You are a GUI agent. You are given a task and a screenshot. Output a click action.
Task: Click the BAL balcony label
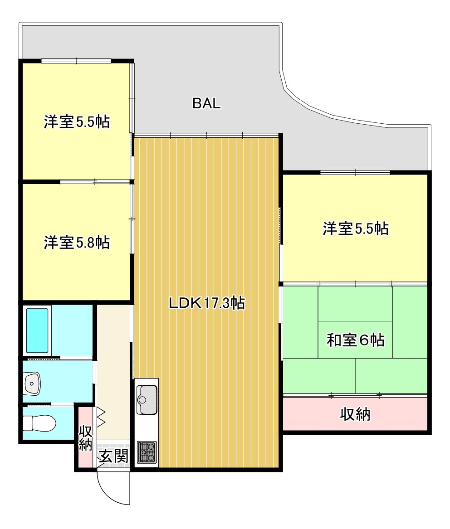[206, 104]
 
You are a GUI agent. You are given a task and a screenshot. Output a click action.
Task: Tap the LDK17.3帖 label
[207, 303]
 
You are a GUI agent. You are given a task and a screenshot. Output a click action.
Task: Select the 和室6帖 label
[355, 340]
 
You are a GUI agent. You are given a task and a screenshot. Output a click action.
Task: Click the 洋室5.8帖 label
[77, 243]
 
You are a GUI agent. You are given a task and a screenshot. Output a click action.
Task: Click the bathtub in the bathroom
[37, 330]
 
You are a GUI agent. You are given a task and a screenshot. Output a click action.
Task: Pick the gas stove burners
[147, 451]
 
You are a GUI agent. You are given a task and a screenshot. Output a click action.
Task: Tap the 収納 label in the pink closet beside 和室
[355, 414]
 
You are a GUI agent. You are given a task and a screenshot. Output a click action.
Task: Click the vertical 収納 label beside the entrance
[85, 438]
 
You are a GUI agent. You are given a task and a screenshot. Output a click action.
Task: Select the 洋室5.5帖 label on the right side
[355, 228]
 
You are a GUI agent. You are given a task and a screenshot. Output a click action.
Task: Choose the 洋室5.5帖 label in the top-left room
[77, 122]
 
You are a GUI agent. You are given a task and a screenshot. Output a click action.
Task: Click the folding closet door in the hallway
[100, 418]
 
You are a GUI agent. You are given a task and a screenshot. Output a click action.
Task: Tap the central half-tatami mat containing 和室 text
[355, 340]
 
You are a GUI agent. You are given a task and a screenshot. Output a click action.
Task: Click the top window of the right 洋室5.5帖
[355, 172]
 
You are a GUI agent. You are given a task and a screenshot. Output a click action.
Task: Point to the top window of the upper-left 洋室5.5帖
[76, 61]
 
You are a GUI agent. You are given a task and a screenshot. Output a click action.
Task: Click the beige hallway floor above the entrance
[113, 363]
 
